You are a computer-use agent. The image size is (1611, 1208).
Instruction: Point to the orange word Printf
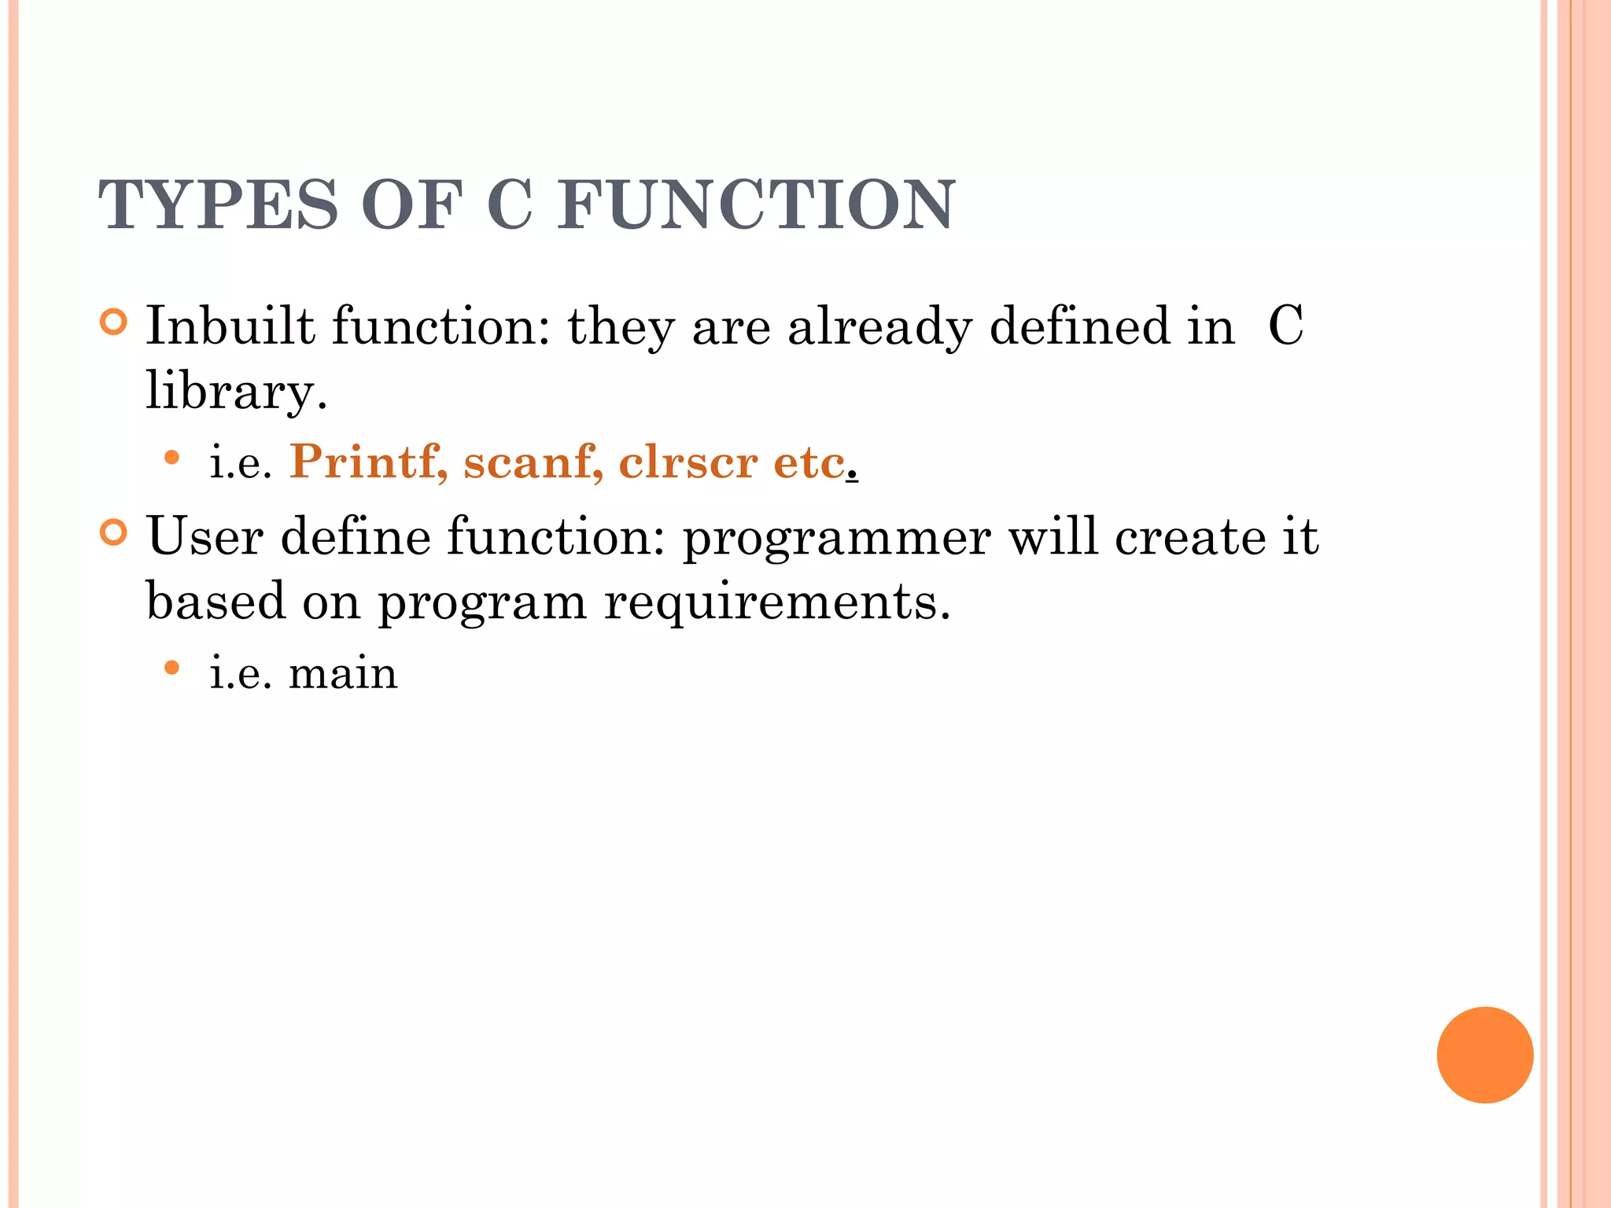click(368, 462)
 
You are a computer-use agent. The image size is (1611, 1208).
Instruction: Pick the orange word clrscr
click(688, 462)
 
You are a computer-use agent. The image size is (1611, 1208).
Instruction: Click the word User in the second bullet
click(205, 536)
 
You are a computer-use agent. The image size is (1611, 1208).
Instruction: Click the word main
click(343, 674)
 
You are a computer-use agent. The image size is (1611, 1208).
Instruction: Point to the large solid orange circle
click(1484, 1055)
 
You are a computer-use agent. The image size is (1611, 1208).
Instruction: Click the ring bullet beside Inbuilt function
click(114, 322)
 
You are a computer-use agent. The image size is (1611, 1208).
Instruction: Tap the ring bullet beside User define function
click(114, 533)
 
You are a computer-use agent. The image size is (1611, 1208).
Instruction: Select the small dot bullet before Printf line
click(172, 457)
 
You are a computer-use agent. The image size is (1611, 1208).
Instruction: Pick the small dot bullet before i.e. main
click(172, 668)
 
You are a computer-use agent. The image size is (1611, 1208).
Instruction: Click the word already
click(879, 327)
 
